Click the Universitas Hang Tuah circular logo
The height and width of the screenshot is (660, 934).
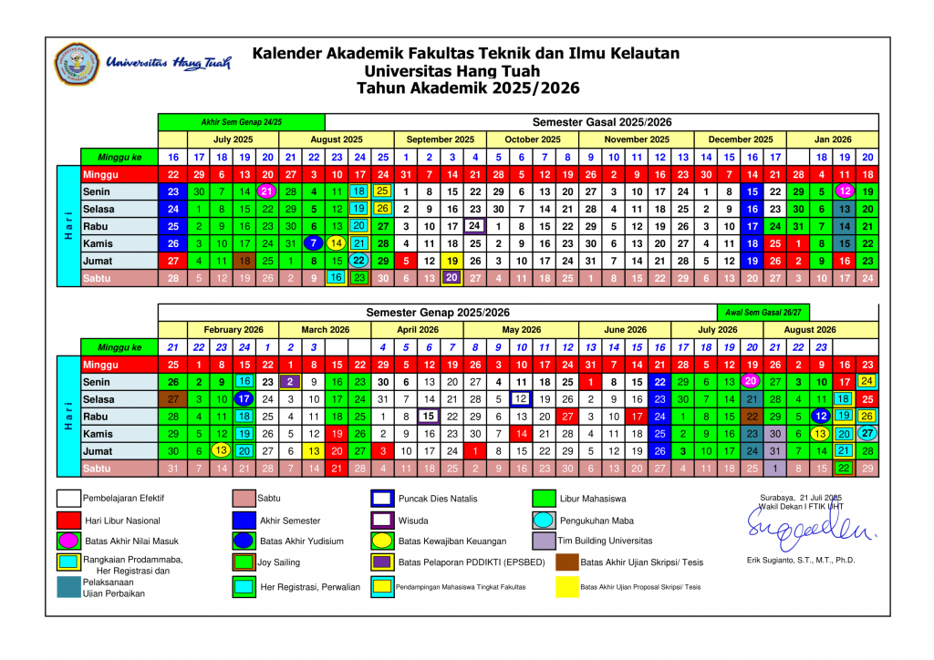point(78,63)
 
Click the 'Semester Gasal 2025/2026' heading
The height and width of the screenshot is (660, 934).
point(601,122)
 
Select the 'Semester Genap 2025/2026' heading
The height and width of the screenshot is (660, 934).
point(438,313)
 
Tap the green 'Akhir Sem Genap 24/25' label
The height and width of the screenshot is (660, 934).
point(241,122)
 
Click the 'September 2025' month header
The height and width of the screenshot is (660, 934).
point(440,139)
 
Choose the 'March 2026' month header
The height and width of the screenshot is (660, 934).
point(326,330)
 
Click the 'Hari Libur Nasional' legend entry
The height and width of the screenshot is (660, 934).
point(121,521)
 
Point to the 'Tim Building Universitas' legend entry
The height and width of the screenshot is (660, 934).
point(605,541)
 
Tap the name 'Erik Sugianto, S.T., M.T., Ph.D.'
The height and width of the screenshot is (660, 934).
point(800,560)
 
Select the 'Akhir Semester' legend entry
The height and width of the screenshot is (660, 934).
point(289,521)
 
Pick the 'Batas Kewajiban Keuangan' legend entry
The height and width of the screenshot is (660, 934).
point(451,541)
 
